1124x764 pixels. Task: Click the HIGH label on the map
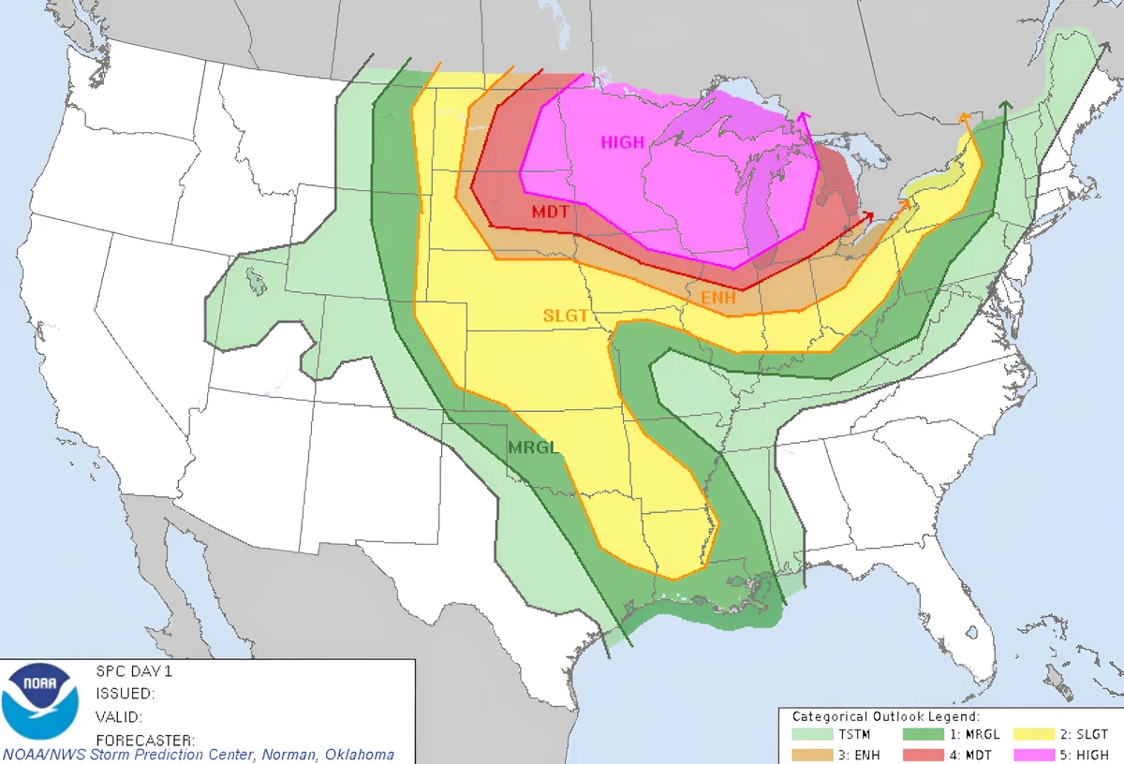click(x=623, y=142)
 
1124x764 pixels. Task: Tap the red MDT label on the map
click(x=551, y=213)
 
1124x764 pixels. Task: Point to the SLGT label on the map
click(x=566, y=316)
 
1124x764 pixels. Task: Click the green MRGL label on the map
click(x=533, y=448)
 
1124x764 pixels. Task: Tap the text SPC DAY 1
click(x=134, y=671)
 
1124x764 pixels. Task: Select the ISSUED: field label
click(x=125, y=694)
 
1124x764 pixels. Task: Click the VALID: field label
click(x=119, y=717)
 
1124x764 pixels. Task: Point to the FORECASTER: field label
click(x=145, y=740)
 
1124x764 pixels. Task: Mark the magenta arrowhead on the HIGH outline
click(x=804, y=116)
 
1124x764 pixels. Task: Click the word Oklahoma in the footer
click(x=361, y=755)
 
